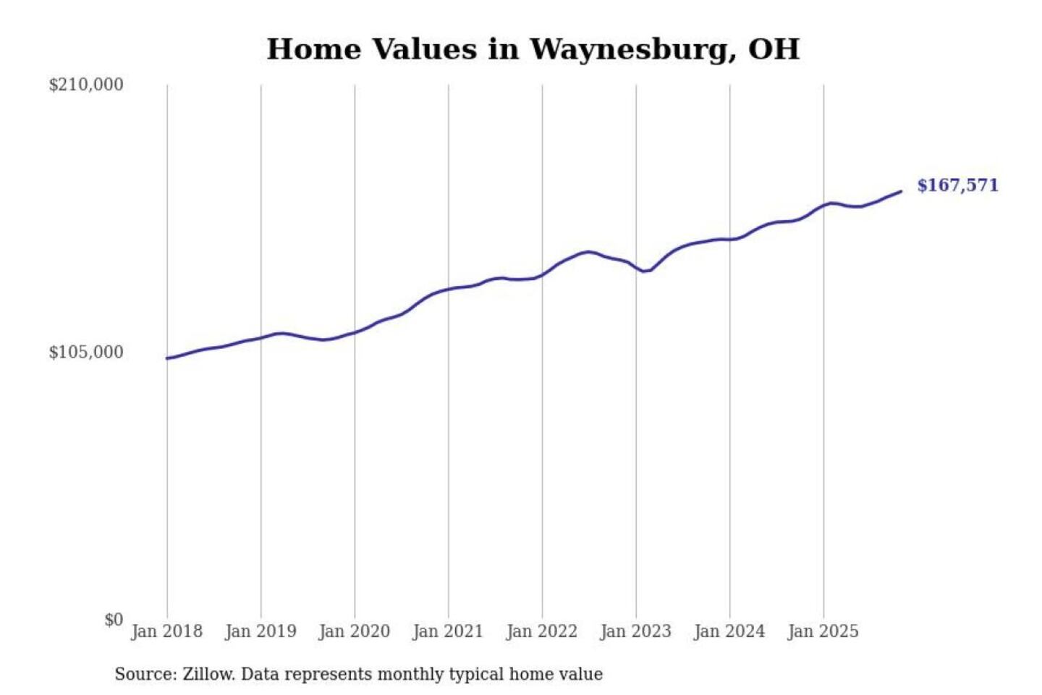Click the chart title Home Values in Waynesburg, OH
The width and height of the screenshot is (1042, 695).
tap(533, 49)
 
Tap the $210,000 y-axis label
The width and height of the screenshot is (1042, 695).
tap(86, 85)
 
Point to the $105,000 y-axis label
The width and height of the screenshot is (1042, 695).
tap(86, 352)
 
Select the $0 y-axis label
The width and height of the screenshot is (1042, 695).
tap(114, 620)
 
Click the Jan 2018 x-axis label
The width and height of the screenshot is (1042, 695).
tap(166, 631)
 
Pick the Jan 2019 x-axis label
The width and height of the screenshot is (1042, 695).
tap(260, 631)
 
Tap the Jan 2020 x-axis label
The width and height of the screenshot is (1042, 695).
tap(354, 631)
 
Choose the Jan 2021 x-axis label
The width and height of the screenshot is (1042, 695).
tap(448, 631)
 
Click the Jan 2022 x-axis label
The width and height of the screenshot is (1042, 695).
tap(542, 631)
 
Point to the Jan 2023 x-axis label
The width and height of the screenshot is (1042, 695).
tap(635, 631)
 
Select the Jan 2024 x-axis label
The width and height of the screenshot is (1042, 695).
tap(729, 631)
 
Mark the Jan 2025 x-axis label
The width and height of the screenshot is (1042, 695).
tap(823, 631)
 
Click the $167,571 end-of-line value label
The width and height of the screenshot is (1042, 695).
tap(957, 185)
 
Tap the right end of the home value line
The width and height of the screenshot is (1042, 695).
tap(901, 191)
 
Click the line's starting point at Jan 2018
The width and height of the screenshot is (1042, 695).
tap(167, 358)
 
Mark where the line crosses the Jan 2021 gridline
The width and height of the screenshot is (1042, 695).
tap(449, 290)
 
